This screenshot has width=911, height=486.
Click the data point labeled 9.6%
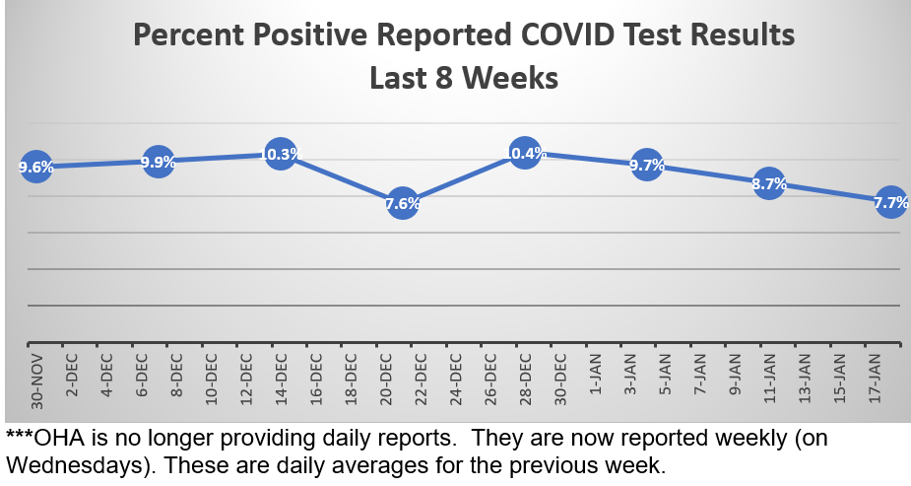tap(36, 167)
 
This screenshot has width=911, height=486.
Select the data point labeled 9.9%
tap(159, 161)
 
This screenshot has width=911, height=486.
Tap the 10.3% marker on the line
tap(281, 154)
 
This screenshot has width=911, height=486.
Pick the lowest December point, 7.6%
tap(403, 203)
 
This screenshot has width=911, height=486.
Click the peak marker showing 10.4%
tap(525, 153)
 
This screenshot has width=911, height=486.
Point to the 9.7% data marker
tap(647, 166)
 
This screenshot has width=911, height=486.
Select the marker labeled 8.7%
tap(769, 183)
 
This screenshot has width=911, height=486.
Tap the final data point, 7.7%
tap(890, 201)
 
